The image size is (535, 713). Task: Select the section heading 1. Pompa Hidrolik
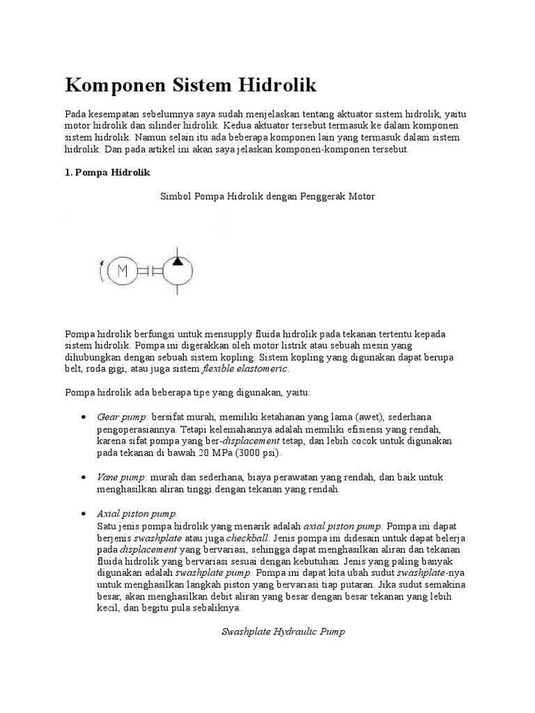point(107,171)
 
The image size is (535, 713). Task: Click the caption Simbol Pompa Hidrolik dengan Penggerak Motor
point(267,196)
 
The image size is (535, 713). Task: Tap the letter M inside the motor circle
point(126,272)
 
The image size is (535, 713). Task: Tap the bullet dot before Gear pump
point(84,416)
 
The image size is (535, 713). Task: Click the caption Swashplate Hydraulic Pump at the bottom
point(283,632)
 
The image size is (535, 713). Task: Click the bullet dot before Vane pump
point(84,478)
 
